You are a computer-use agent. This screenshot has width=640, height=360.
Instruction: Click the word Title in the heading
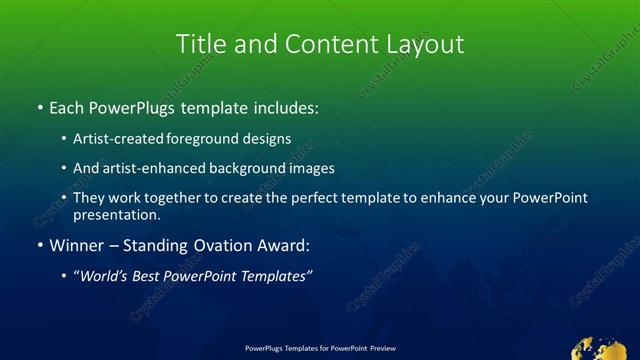click(x=198, y=45)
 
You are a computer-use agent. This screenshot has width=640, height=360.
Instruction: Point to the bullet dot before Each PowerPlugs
click(x=39, y=105)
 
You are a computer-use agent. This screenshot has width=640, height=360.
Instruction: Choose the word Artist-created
click(x=121, y=139)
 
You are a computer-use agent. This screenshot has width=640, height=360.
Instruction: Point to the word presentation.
click(x=116, y=215)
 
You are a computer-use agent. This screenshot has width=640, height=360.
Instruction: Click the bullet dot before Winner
click(x=39, y=245)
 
